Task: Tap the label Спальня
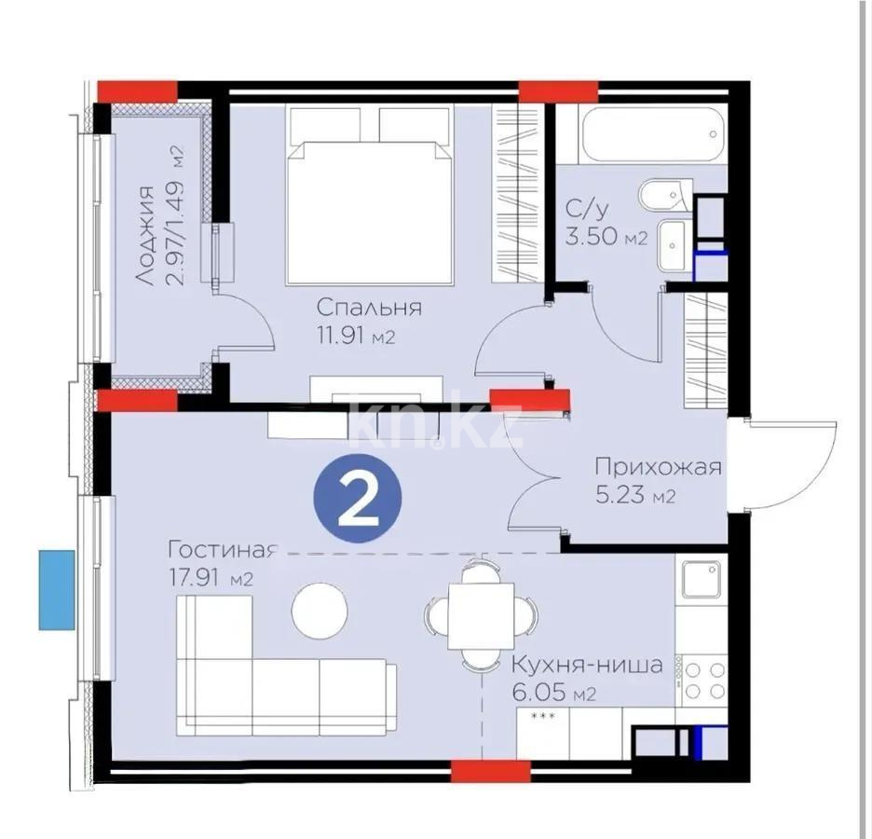[369, 308]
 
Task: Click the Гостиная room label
[222, 549]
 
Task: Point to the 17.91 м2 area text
[211, 578]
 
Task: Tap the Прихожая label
[659, 467]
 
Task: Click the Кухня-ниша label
[586, 666]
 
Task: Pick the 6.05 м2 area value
[553, 695]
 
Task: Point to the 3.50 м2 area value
[606, 238]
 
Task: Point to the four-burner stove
[704, 680]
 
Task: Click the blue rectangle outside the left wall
[57, 589]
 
